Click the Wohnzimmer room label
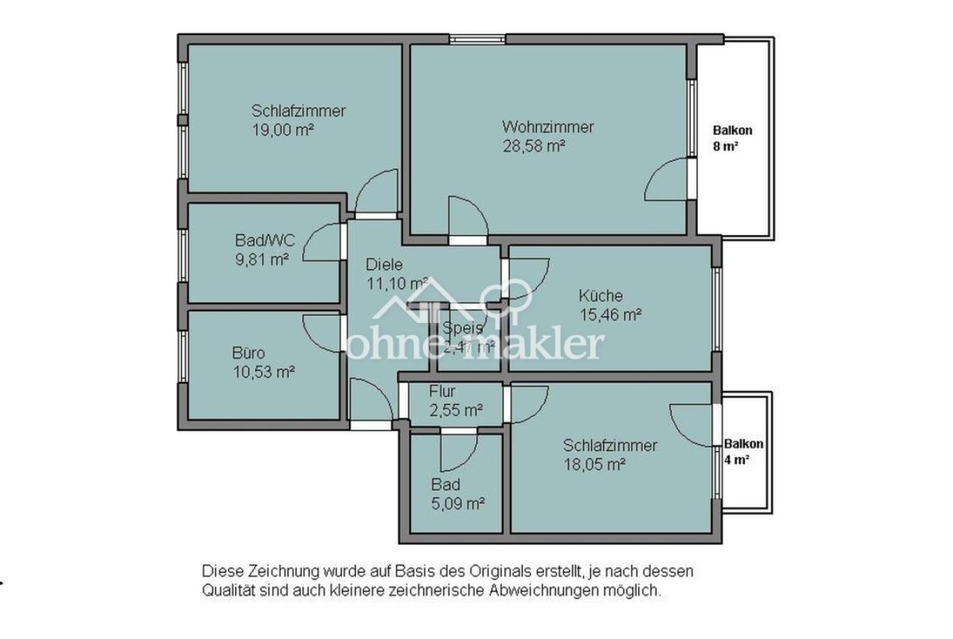(548, 128)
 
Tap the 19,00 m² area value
(283, 130)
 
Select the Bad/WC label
(264, 240)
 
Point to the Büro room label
(249, 353)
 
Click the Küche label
(600, 296)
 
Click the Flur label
(442, 391)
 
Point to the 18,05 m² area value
(594, 464)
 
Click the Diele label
(383, 265)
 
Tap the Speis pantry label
(463, 328)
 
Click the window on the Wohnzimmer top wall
(477, 39)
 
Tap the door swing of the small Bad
(459, 452)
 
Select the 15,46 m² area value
(611, 315)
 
